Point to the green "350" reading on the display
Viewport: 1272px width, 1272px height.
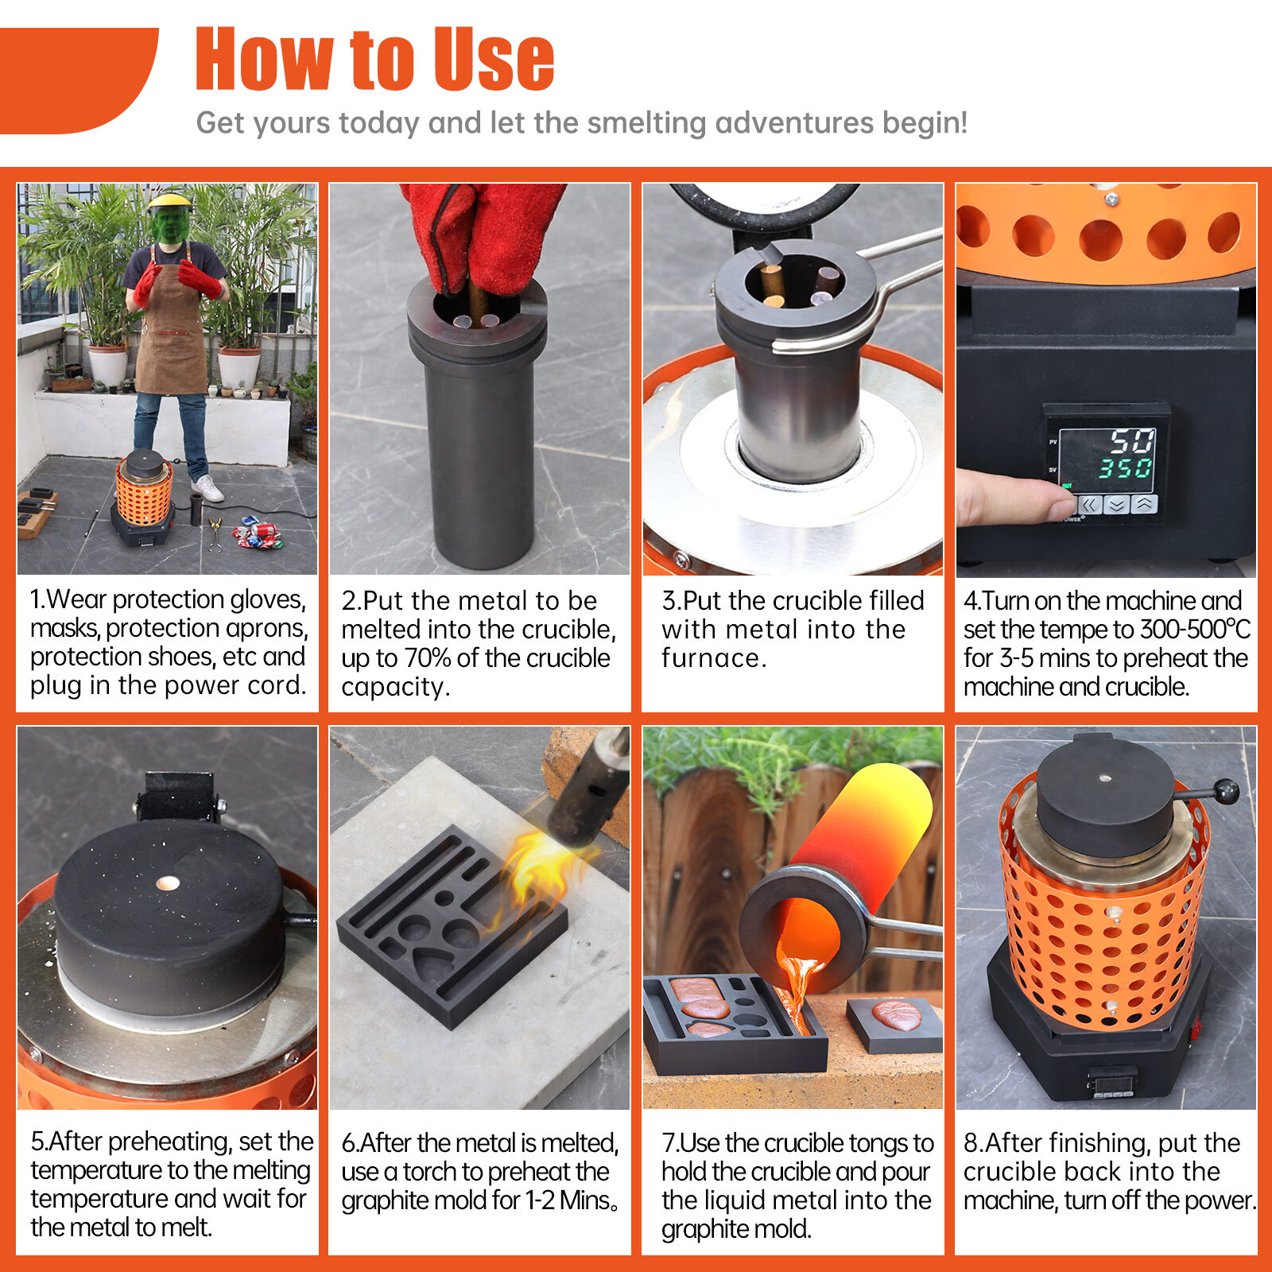point(1125,467)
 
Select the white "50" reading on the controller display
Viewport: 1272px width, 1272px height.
point(1131,440)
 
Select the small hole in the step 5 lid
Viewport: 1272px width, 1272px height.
point(169,882)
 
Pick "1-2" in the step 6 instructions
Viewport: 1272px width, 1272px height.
point(540,1200)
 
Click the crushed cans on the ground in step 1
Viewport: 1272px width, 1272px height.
point(257,533)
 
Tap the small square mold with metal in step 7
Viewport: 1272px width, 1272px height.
point(894,1023)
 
